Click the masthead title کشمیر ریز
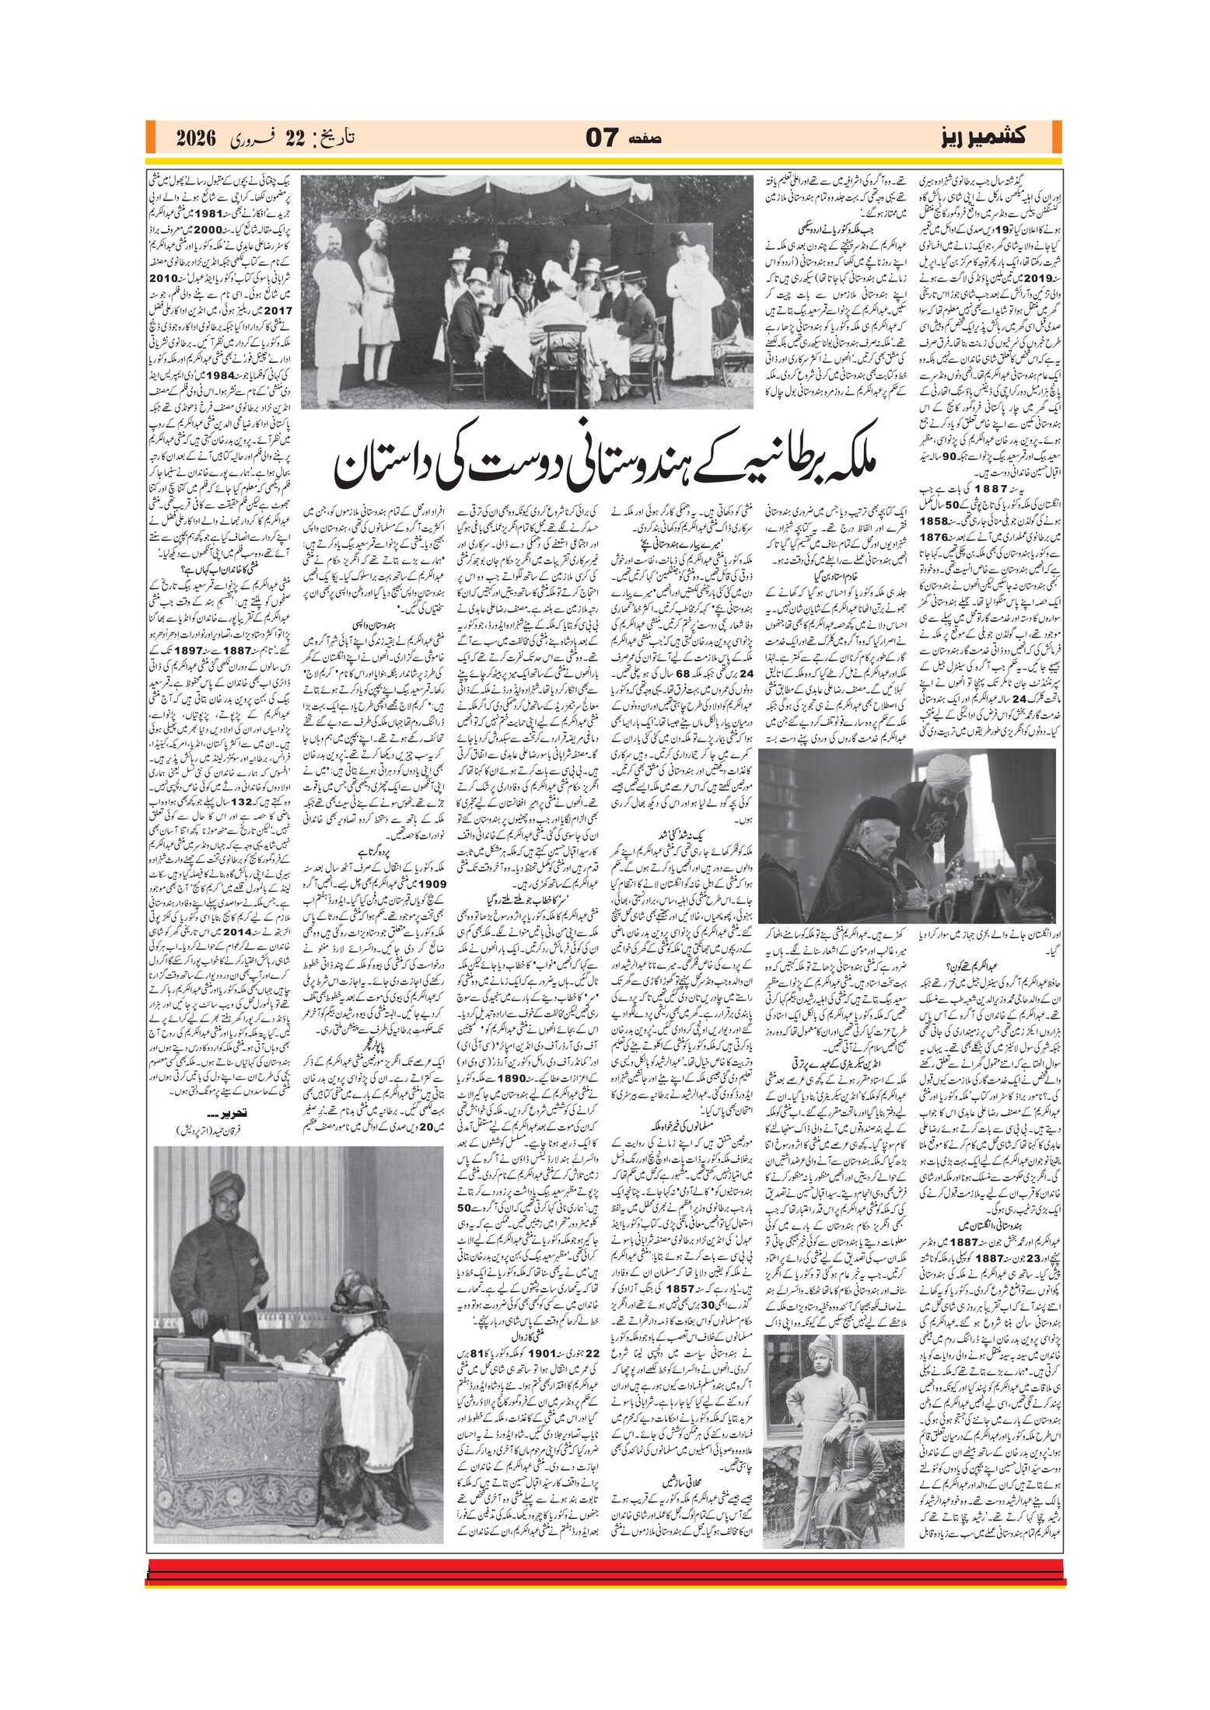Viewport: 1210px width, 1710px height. (982, 138)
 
